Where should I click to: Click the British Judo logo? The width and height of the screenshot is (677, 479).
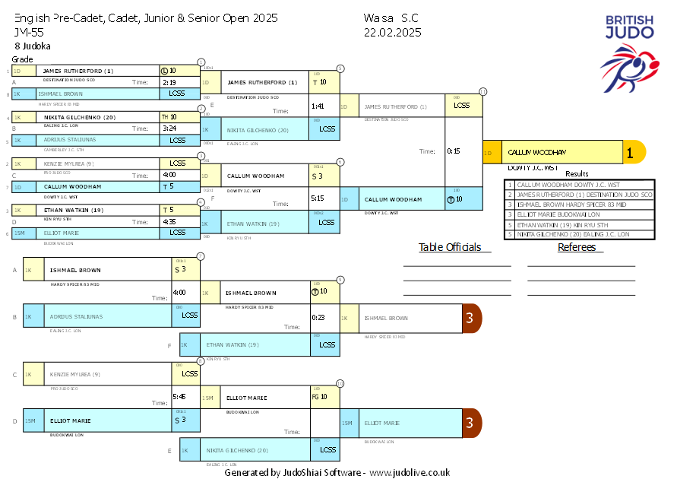tap(629, 52)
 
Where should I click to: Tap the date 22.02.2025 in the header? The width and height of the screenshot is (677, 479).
tap(392, 32)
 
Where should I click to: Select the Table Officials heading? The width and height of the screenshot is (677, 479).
tap(451, 247)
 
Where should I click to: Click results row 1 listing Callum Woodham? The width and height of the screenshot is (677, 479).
tap(579, 184)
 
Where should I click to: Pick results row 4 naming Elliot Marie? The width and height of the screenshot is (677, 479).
tap(579, 214)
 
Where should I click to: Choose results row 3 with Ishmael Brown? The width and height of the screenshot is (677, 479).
tap(579, 205)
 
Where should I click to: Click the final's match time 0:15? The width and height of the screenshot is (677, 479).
tap(454, 151)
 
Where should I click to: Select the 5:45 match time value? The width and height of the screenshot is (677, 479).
tap(179, 396)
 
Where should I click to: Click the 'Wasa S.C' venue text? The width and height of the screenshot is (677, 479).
tap(391, 17)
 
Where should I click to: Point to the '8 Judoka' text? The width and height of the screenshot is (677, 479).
tap(33, 46)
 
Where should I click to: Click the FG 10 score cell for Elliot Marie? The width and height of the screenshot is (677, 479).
tap(319, 396)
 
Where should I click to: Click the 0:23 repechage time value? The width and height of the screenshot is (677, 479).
tap(319, 317)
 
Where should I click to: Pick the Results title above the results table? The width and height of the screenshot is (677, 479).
tap(577, 174)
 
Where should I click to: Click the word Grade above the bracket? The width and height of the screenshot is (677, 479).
tap(22, 59)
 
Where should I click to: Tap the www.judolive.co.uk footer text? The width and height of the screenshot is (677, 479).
tap(410, 472)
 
